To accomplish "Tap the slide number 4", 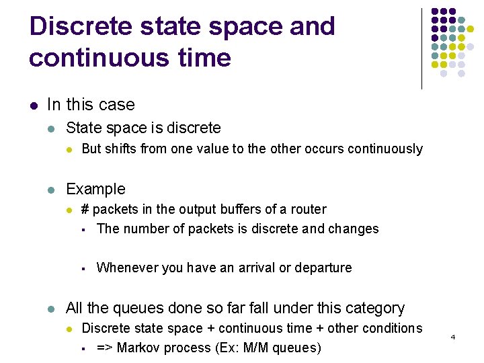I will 453,336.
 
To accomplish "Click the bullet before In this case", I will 33,105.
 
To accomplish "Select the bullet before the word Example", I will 52,190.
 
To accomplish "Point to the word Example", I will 95,190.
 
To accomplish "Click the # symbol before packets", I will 85,210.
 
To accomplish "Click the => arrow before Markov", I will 104,348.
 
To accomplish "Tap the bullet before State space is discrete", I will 52,128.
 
